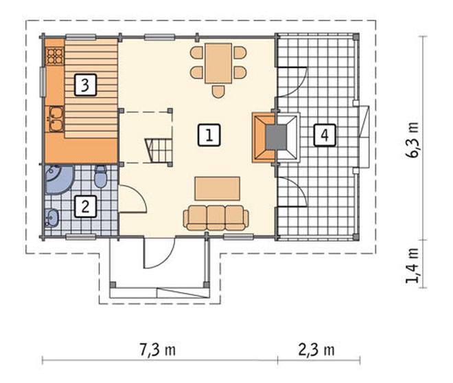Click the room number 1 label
tap(209, 135)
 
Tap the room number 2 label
tap(85, 206)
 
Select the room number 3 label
tap(85, 85)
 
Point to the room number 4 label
tap(325, 135)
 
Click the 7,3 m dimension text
tap(157, 350)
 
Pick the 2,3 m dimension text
tap(316, 350)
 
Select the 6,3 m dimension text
tap(412, 140)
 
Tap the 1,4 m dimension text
tap(412, 265)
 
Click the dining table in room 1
tap(218, 63)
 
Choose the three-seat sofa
tap(216, 218)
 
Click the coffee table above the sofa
tap(218, 188)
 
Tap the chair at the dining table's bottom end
tap(218, 91)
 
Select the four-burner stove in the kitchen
tap(55, 56)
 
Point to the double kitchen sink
tap(56, 119)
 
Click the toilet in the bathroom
tap(101, 176)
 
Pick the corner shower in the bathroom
tap(58, 179)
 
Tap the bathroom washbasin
tap(51, 217)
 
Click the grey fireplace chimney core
tap(276, 138)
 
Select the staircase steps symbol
tap(159, 151)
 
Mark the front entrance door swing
tap(159, 252)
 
